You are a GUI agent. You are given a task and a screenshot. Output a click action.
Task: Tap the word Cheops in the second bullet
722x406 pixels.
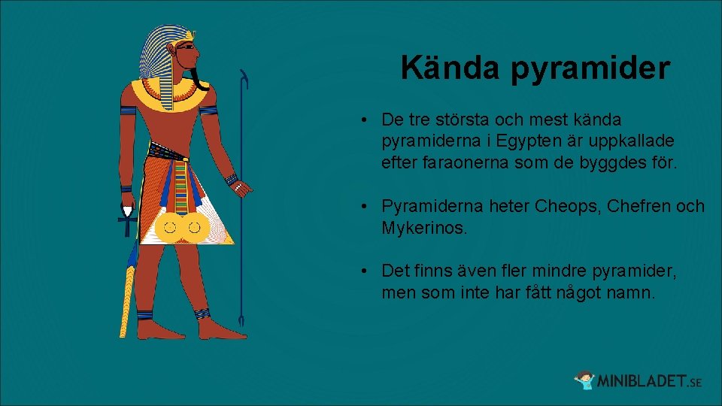[x=561, y=205]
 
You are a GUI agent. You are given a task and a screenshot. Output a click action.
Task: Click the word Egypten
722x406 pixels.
[x=523, y=141]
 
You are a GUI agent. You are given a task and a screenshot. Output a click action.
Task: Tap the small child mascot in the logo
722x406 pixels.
[x=584, y=380]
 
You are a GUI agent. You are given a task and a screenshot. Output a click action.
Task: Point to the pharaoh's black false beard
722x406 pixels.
[x=199, y=78]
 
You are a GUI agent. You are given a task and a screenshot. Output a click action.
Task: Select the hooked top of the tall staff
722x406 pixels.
[x=244, y=77]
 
